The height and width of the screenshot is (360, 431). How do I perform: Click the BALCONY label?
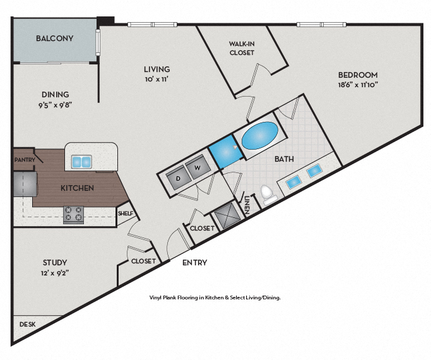pyautogui.click(x=54, y=39)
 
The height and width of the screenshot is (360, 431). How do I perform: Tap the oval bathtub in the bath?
pyautogui.click(x=259, y=136)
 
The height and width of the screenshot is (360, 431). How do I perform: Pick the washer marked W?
pyautogui.click(x=197, y=168)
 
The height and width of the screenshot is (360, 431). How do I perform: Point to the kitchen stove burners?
pyautogui.click(x=74, y=215)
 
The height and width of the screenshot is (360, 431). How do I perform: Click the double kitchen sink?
pyautogui.click(x=81, y=162)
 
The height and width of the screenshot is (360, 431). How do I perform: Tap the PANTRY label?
pyautogui.click(x=24, y=160)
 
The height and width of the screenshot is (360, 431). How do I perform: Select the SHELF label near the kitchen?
pyautogui.click(x=126, y=213)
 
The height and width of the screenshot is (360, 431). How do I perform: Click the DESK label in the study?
pyautogui.click(x=27, y=324)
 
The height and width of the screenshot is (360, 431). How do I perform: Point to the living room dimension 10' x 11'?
pyautogui.click(x=157, y=80)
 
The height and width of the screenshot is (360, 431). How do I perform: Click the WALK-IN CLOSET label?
pyautogui.click(x=241, y=49)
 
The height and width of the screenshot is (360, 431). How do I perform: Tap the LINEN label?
pyautogui.click(x=247, y=205)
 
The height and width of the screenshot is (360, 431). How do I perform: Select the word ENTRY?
pyautogui.click(x=194, y=262)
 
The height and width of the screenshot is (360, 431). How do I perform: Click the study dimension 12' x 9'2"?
pyautogui.click(x=55, y=273)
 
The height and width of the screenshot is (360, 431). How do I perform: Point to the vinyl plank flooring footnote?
pyautogui.click(x=215, y=297)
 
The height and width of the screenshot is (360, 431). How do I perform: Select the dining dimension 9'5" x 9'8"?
pyautogui.click(x=54, y=105)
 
